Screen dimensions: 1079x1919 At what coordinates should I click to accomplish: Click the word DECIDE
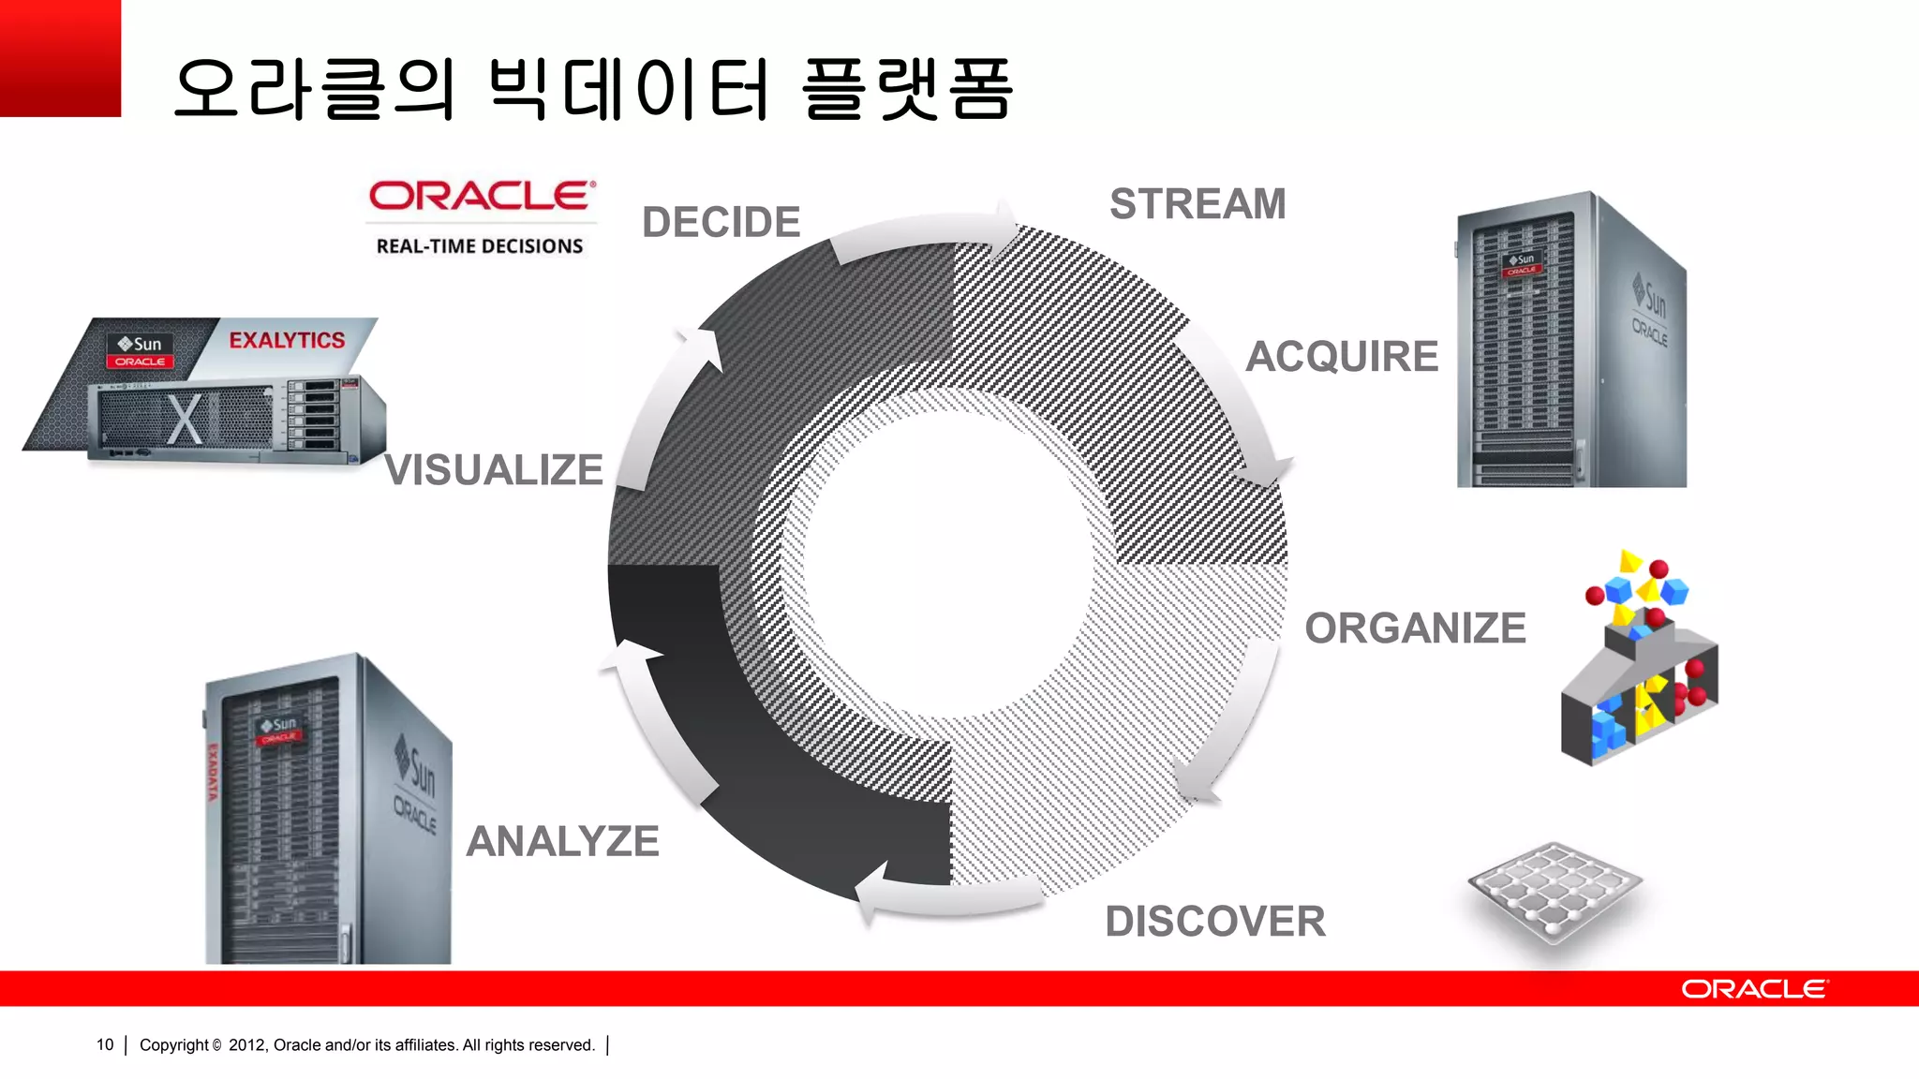click(721, 223)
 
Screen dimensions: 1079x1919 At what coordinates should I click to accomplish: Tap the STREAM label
click(1198, 204)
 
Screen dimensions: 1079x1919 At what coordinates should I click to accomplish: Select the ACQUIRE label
click(1341, 357)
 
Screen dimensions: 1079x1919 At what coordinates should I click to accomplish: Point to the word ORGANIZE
click(1415, 628)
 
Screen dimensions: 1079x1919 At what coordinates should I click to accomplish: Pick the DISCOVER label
click(1215, 922)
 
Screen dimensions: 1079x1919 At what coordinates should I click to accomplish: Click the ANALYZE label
click(563, 841)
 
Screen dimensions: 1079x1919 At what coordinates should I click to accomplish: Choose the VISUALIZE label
click(494, 470)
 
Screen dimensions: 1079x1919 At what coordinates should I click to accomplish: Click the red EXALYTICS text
click(287, 340)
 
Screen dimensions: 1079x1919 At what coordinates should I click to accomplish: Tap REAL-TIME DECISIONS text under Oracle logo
click(480, 246)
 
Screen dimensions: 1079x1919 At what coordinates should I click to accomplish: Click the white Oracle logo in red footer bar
click(1753, 989)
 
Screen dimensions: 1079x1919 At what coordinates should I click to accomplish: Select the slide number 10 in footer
click(105, 1044)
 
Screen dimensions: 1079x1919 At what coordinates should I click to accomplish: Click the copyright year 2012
click(246, 1044)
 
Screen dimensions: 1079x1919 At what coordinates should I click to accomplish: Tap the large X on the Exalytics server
click(185, 419)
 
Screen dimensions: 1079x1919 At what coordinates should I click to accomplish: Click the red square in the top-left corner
click(60, 58)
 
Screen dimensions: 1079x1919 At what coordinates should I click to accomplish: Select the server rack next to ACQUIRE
click(1571, 342)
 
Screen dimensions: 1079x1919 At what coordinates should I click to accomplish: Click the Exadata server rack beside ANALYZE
click(328, 810)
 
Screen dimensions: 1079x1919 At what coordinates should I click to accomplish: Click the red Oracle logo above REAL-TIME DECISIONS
click(482, 196)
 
